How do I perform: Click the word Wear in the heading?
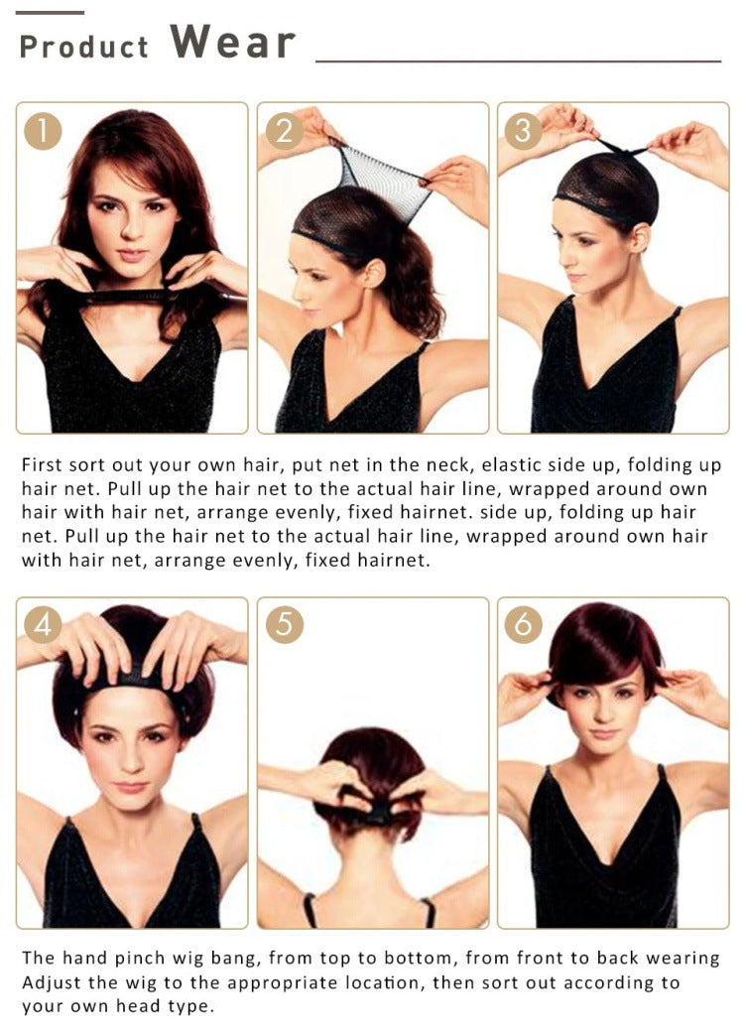pos(232,43)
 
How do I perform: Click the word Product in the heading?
pos(83,47)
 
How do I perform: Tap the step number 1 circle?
pos(44,131)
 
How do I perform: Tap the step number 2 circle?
pos(285,131)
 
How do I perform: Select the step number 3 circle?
pos(524,131)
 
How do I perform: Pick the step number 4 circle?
pos(44,625)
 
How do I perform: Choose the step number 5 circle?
pos(285,625)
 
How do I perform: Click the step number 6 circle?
pos(524,625)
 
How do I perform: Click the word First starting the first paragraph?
pos(42,464)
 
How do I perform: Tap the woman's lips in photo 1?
pos(131,256)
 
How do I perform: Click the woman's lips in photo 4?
pos(130,787)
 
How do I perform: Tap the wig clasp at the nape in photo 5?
pos(378,814)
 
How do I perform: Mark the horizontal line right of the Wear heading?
pos(518,62)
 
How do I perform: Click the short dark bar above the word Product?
pos(51,12)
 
